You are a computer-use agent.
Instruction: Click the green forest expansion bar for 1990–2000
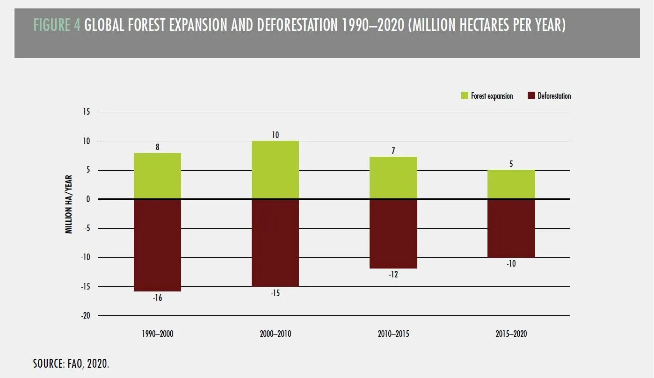[157, 176]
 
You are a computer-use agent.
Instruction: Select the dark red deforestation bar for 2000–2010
[275, 242]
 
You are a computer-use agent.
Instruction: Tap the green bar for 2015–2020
[511, 184]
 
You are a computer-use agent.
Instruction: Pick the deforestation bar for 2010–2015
[393, 234]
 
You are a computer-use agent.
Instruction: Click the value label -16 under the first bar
[157, 298]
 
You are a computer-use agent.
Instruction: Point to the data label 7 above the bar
[393, 151]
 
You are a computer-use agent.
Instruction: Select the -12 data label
[393, 275]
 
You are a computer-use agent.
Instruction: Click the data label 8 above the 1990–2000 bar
[158, 147]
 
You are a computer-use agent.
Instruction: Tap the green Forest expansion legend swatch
[465, 96]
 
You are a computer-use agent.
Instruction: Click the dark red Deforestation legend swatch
[531, 96]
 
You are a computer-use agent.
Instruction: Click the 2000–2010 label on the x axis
[275, 334]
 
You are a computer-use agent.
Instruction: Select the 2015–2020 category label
[511, 334]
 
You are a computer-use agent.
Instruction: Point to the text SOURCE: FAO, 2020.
[71, 363]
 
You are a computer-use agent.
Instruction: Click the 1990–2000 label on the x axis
[157, 334]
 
